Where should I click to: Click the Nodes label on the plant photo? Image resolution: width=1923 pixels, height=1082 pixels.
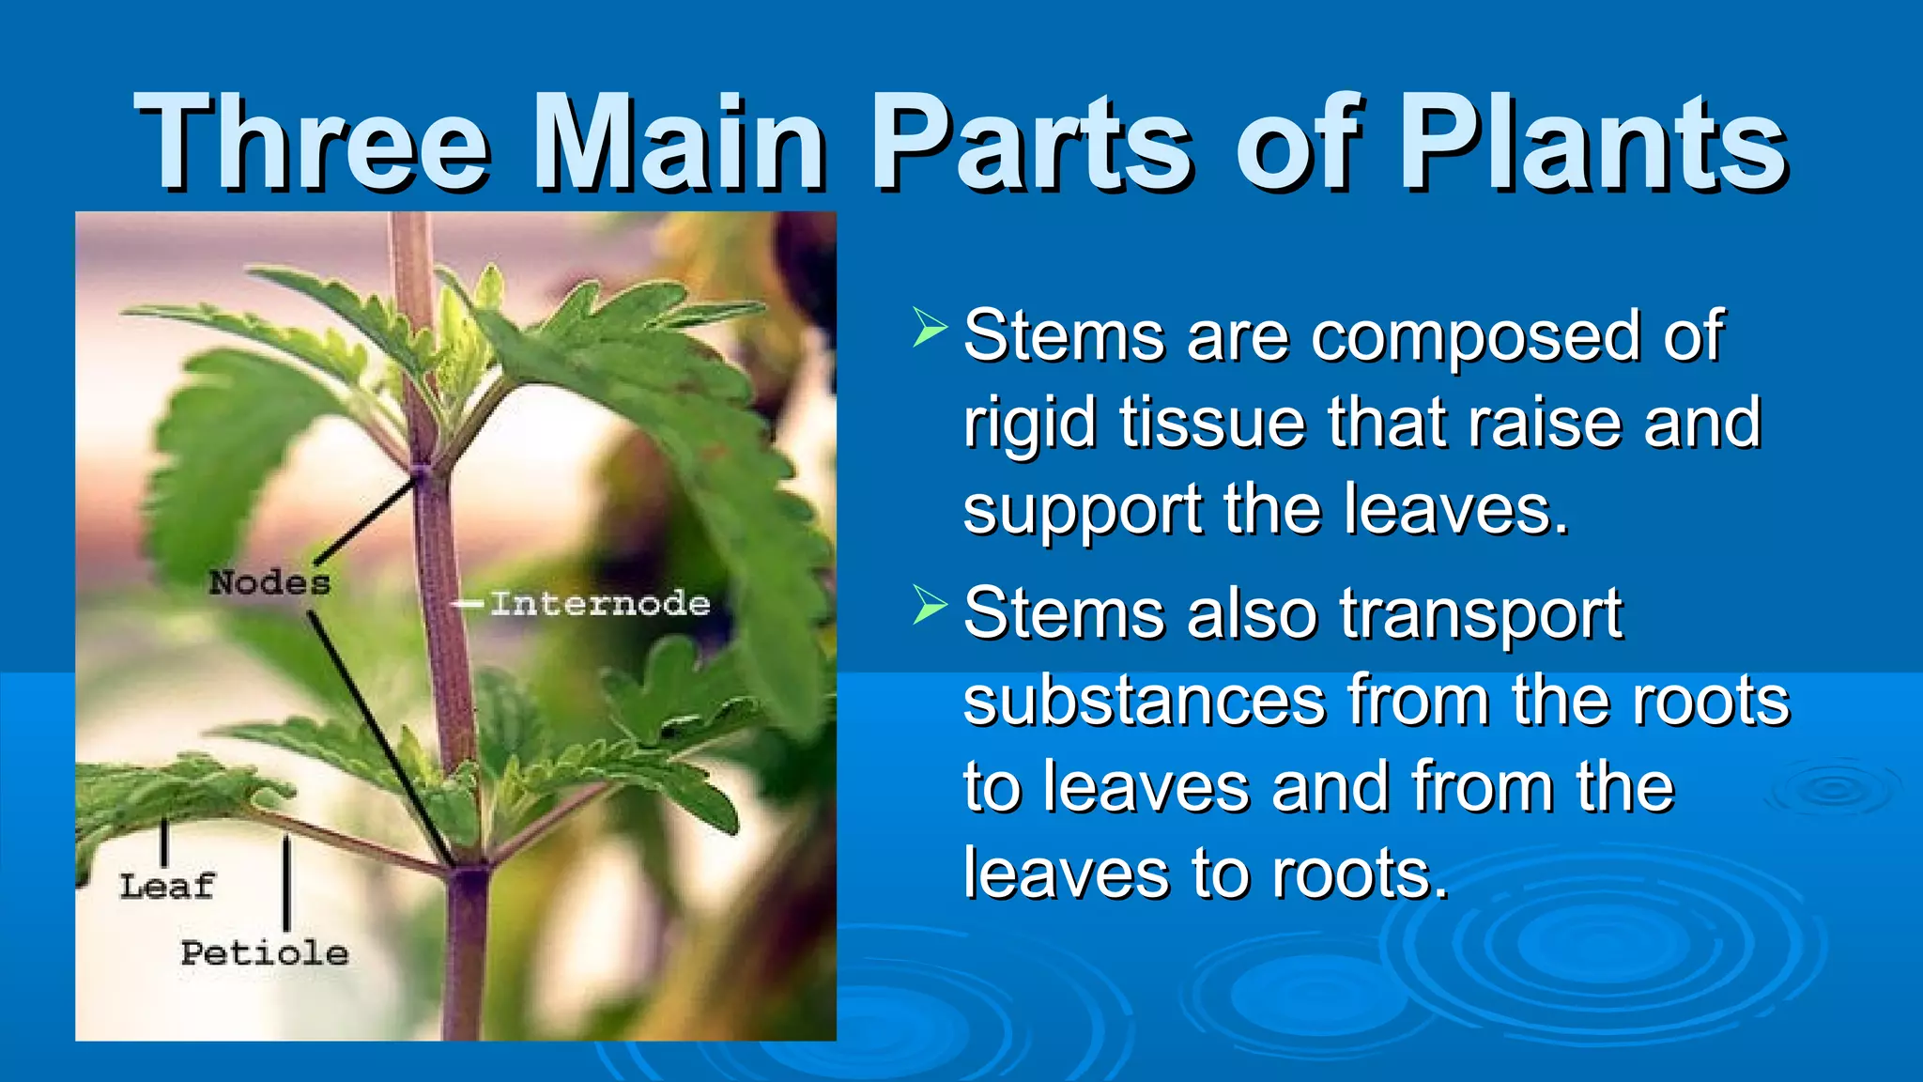point(269,583)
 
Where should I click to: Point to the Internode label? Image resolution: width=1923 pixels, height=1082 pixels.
point(600,604)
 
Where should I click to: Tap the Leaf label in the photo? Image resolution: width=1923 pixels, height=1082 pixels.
point(167,886)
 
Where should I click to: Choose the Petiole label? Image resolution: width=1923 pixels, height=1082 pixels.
point(265,953)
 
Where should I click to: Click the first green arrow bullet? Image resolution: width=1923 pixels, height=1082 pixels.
point(929,328)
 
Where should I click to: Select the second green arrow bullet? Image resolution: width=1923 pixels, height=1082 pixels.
point(929,605)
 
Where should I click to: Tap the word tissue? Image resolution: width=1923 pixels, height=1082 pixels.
point(1212,424)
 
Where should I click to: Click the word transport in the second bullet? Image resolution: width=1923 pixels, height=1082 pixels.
point(1481,614)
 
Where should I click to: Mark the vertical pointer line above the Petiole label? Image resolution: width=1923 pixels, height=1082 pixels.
point(286,883)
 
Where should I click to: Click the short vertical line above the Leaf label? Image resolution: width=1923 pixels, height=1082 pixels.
point(164,842)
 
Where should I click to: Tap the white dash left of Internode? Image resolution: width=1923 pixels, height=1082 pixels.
point(468,604)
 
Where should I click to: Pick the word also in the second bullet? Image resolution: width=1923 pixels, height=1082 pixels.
point(1253,614)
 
